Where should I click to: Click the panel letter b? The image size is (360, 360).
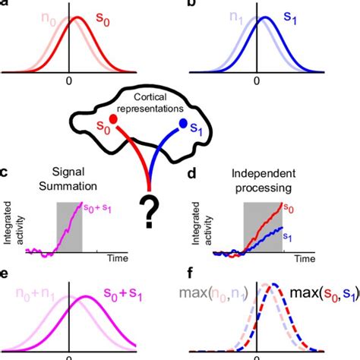pos(192,5)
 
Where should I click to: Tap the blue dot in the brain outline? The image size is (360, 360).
pos(182,122)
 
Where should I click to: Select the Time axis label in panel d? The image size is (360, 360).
pos(303,260)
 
